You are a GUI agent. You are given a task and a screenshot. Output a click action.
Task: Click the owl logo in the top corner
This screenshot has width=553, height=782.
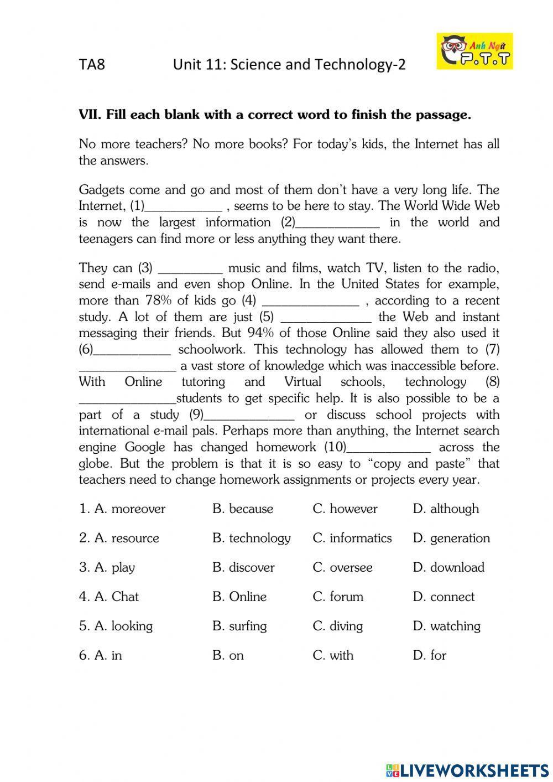click(474, 51)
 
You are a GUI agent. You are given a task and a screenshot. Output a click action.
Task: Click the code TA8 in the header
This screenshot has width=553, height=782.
click(92, 65)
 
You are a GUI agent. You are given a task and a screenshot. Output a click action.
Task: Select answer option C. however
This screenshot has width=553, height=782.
click(345, 509)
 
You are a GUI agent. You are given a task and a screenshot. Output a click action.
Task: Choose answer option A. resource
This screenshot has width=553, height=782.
click(119, 538)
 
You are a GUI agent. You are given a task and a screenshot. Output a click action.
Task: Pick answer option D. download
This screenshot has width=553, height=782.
click(448, 567)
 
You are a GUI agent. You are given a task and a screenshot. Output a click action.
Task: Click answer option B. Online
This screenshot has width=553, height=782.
click(239, 597)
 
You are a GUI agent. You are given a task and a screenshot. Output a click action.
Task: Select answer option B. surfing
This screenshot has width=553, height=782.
click(239, 626)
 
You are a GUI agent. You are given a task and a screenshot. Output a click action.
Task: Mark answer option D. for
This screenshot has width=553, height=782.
click(430, 655)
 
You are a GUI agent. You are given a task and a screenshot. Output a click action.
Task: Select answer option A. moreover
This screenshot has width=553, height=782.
click(122, 509)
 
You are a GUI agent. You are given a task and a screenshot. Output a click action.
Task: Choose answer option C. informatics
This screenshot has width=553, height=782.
click(352, 538)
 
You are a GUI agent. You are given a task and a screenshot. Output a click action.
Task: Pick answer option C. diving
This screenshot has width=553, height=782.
click(338, 626)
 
